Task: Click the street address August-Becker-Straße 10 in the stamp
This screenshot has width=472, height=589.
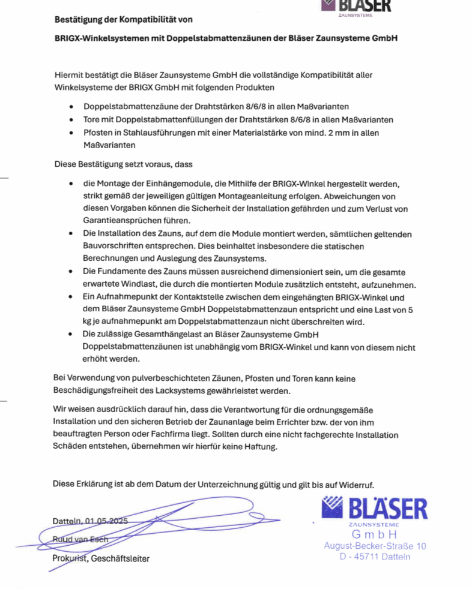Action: coord(375,546)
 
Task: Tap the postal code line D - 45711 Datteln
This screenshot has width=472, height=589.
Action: coord(375,557)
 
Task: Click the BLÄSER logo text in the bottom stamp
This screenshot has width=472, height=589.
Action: coord(387,509)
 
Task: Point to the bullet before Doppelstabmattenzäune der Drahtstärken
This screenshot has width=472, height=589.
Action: coord(71,106)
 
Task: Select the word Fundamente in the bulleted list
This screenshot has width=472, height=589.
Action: coord(118,272)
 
